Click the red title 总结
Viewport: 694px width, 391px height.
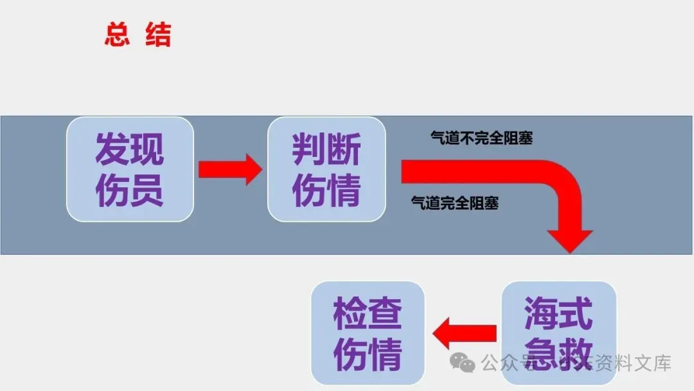click(x=138, y=35)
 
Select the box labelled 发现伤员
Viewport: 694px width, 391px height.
click(x=130, y=169)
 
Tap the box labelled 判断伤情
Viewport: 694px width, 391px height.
click(x=326, y=169)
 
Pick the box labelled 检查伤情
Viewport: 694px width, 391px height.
click(x=368, y=332)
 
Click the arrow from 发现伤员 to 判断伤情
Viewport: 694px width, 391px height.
click(x=229, y=170)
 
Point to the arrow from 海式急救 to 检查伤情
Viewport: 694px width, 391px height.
click(x=465, y=333)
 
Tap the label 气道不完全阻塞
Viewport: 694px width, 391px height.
click(x=481, y=138)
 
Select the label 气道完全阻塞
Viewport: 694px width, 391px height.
click(x=454, y=204)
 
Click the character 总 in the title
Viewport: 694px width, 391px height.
click(x=117, y=35)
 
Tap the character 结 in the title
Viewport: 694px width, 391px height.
click(x=158, y=35)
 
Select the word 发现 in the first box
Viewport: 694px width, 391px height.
click(x=129, y=150)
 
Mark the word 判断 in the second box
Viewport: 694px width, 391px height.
click(x=326, y=150)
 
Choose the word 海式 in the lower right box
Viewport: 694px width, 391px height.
click(x=558, y=314)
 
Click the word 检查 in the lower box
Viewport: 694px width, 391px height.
click(x=368, y=314)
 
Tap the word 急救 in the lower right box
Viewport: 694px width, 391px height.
click(x=558, y=352)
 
